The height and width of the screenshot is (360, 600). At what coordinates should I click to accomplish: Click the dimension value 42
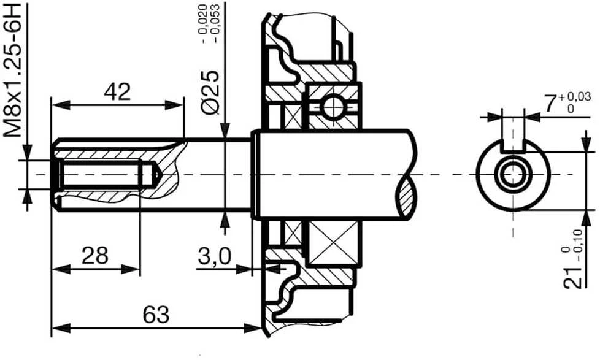click(117, 92)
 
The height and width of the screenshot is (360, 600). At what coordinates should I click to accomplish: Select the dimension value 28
click(95, 256)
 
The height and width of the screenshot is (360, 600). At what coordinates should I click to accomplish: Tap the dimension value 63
click(156, 315)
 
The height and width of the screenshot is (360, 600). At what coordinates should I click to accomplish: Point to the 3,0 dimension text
click(214, 256)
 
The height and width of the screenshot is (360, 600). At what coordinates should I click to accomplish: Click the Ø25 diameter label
click(211, 92)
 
